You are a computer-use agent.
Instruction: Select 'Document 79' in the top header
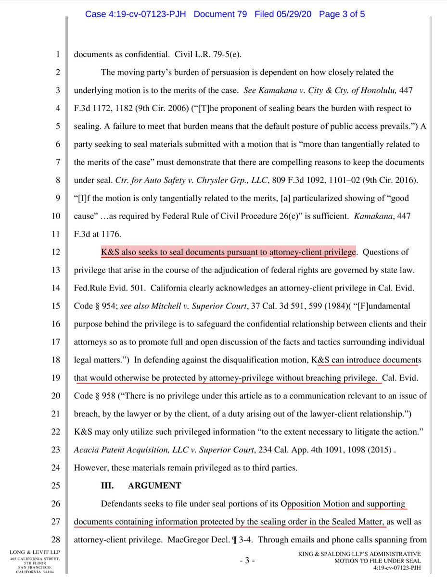tap(221, 14)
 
